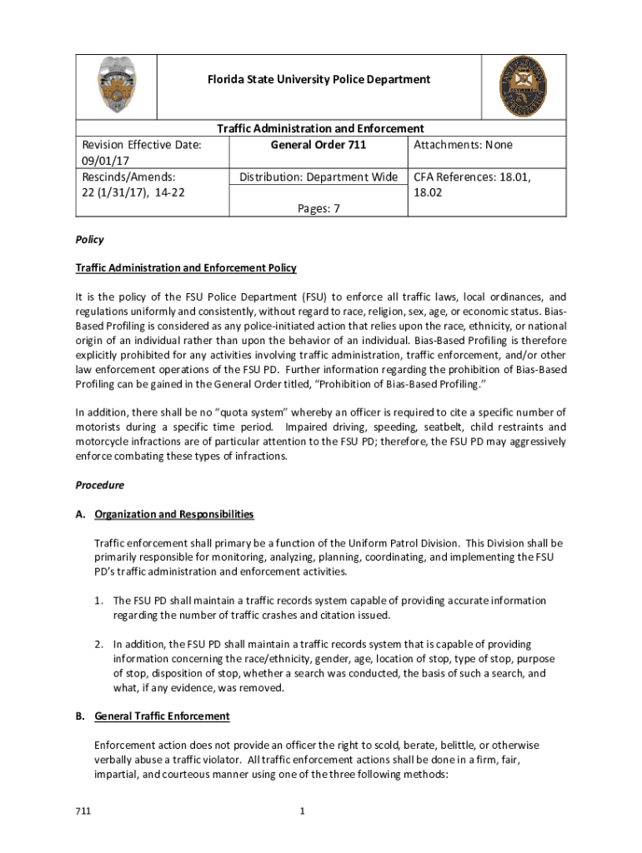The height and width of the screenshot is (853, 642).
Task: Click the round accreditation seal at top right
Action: point(527,86)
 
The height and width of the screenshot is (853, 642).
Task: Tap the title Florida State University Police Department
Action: point(320,79)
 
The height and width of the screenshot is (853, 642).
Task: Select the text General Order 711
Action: point(318,145)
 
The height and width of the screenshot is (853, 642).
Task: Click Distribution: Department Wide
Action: point(318,177)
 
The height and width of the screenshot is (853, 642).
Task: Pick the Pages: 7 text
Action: point(318,209)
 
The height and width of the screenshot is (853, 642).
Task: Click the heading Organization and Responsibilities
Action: point(174,514)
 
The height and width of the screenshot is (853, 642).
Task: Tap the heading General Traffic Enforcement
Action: point(163,716)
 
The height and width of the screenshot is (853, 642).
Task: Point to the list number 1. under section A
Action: point(98,601)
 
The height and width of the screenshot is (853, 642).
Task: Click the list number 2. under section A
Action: point(98,645)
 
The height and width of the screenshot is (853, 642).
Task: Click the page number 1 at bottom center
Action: point(321,811)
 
